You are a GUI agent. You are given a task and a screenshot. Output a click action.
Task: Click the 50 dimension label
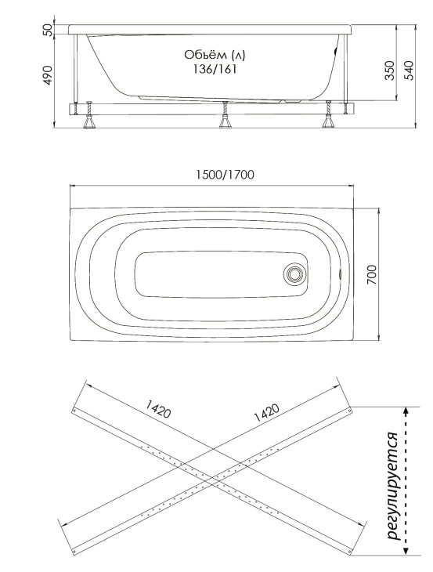[48, 29]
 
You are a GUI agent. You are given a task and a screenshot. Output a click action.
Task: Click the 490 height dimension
[48, 75]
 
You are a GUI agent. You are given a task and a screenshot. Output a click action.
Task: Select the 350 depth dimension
[390, 71]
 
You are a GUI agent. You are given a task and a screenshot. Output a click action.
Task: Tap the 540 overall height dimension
[409, 71]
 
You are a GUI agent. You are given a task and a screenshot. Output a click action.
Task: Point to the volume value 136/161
[215, 69]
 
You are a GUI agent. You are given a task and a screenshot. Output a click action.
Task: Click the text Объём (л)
[215, 55]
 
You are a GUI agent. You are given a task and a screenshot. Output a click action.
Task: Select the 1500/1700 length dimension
[225, 175]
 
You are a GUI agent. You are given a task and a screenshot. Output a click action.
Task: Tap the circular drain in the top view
[293, 273]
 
